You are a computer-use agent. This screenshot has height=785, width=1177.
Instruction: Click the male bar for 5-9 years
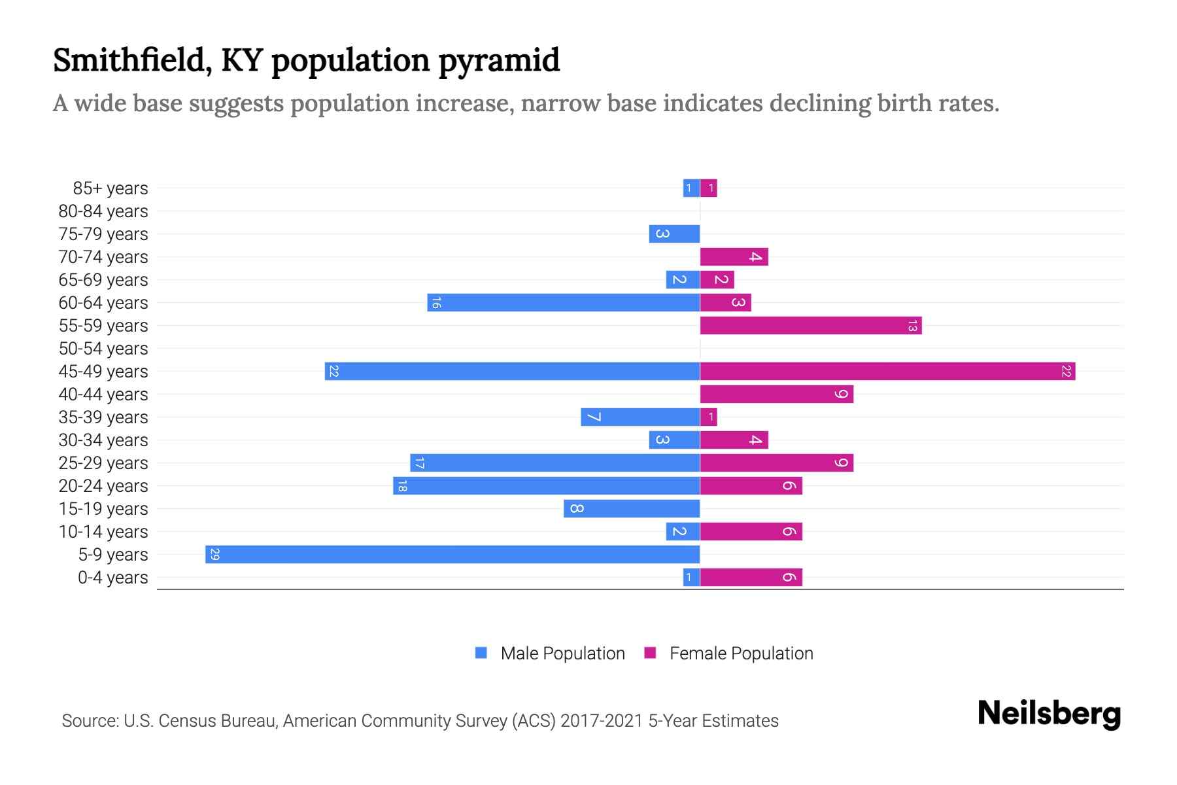(452, 554)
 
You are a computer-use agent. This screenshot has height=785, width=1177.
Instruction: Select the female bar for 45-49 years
(887, 371)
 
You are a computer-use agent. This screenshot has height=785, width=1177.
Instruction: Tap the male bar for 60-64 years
(564, 302)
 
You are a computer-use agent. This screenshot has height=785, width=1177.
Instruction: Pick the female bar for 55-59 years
(811, 325)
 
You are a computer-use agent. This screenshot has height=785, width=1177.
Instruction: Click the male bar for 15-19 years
(632, 508)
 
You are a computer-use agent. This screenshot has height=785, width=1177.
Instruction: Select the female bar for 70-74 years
(734, 256)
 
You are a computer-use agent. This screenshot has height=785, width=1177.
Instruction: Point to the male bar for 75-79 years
(674, 234)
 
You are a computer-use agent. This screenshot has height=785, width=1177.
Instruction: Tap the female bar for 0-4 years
(751, 577)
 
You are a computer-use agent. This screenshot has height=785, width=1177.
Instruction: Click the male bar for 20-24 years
(547, 485)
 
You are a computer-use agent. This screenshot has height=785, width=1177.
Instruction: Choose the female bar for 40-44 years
(776, 394)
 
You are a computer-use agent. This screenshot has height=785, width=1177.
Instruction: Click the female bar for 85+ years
(708, 188)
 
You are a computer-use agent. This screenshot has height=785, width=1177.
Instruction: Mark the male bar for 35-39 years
(640, 417)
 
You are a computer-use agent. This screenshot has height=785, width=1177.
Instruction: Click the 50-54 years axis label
(103, 349)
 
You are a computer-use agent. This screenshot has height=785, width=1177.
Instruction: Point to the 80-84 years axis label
(103, 211)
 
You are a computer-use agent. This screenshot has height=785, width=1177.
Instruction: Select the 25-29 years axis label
(103, 463)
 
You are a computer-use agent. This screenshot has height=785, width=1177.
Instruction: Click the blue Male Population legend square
(481, 653)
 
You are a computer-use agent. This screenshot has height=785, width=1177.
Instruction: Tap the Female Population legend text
(741, 653)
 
